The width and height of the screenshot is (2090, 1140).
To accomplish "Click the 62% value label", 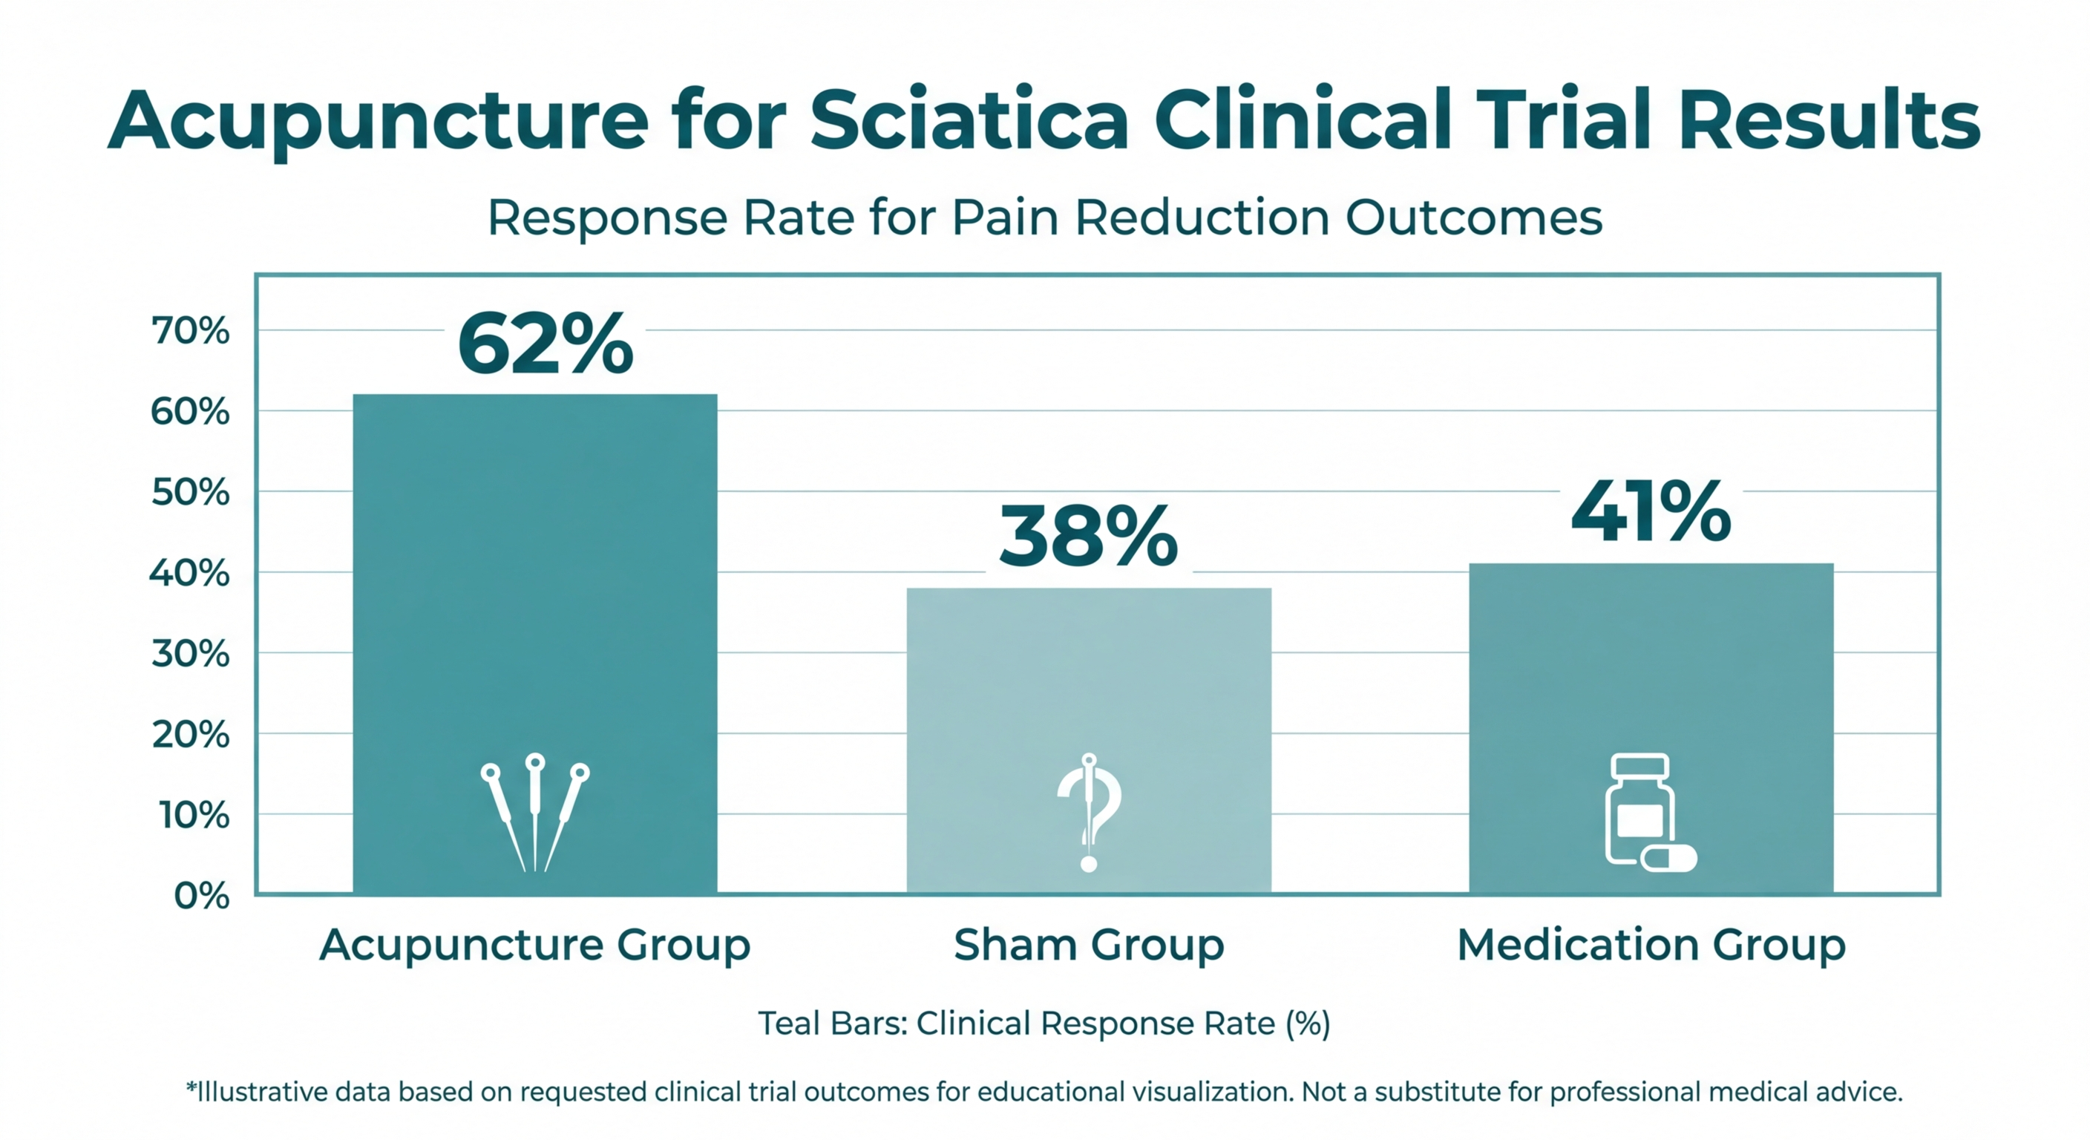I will (x=545, y=345).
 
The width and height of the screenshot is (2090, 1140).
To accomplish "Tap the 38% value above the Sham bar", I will (x=1088, y=537).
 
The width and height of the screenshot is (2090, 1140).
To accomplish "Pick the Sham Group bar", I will (x=1088, y=689).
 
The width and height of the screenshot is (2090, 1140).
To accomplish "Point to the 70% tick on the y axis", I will (x=190, y=331).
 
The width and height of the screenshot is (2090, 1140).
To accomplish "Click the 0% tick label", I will (x=201, y=896).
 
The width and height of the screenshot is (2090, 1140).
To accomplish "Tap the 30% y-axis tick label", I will (x=190, y=654).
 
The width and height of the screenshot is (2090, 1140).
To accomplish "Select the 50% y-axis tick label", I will (x=190, y=493).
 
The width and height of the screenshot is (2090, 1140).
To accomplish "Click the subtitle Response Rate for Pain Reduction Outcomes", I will (x=1044, y=217).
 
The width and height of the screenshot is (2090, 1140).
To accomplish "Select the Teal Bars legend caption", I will (x=1044, y=1023).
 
